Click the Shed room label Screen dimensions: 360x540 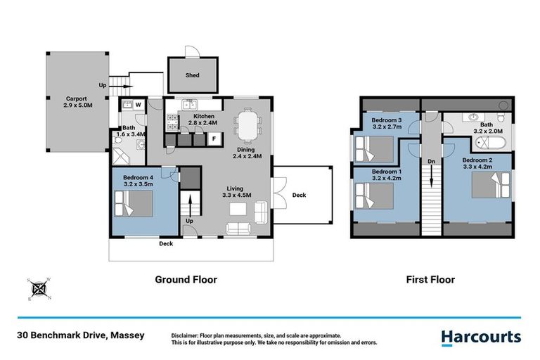[193, 75]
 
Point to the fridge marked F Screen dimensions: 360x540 [214, 139]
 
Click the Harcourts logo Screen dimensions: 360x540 [481, 337]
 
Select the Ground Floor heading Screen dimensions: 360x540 [186, 279]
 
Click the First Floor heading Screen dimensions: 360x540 [430, 279]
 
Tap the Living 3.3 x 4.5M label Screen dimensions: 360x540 [236, 191]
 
